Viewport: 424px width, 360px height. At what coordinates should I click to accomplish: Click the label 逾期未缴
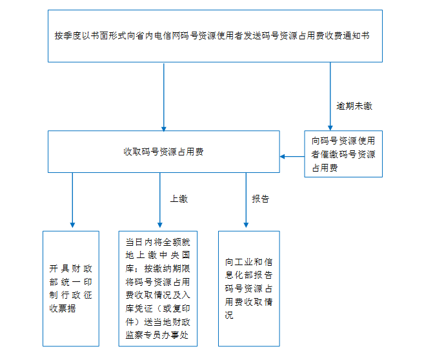pos(354,106)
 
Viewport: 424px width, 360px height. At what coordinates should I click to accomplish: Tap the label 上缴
pos(179,199)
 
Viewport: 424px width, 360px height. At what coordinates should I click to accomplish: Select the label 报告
pos(261,199)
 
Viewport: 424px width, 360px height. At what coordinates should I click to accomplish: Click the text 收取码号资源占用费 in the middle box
pos(163,152)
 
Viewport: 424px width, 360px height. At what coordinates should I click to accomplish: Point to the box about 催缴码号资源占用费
pos(343,154)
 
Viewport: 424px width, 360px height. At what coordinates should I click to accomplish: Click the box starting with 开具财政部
pos(71,288)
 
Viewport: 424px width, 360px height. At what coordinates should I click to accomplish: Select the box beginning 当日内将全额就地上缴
pos(158,288)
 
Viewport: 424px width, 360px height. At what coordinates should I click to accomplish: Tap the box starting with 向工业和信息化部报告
pos(249,288)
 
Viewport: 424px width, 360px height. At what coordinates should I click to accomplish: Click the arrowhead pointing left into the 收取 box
pos(282,157)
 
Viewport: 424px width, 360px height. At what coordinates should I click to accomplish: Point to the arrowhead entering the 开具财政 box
pos(72,225)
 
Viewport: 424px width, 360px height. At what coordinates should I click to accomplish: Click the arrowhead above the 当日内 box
pos(160,225)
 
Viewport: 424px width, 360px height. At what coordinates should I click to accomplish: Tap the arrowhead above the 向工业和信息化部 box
pos(246,225)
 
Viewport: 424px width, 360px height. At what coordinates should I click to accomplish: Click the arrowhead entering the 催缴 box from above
pos(330,128)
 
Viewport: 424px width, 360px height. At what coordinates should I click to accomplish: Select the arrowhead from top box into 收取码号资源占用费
pos(163,128)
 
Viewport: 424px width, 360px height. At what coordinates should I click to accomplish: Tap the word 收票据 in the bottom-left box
pos(63,308)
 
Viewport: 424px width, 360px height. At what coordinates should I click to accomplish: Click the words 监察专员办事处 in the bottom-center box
pos(157,335)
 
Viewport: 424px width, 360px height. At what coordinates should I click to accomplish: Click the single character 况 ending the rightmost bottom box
pos(229,315)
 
